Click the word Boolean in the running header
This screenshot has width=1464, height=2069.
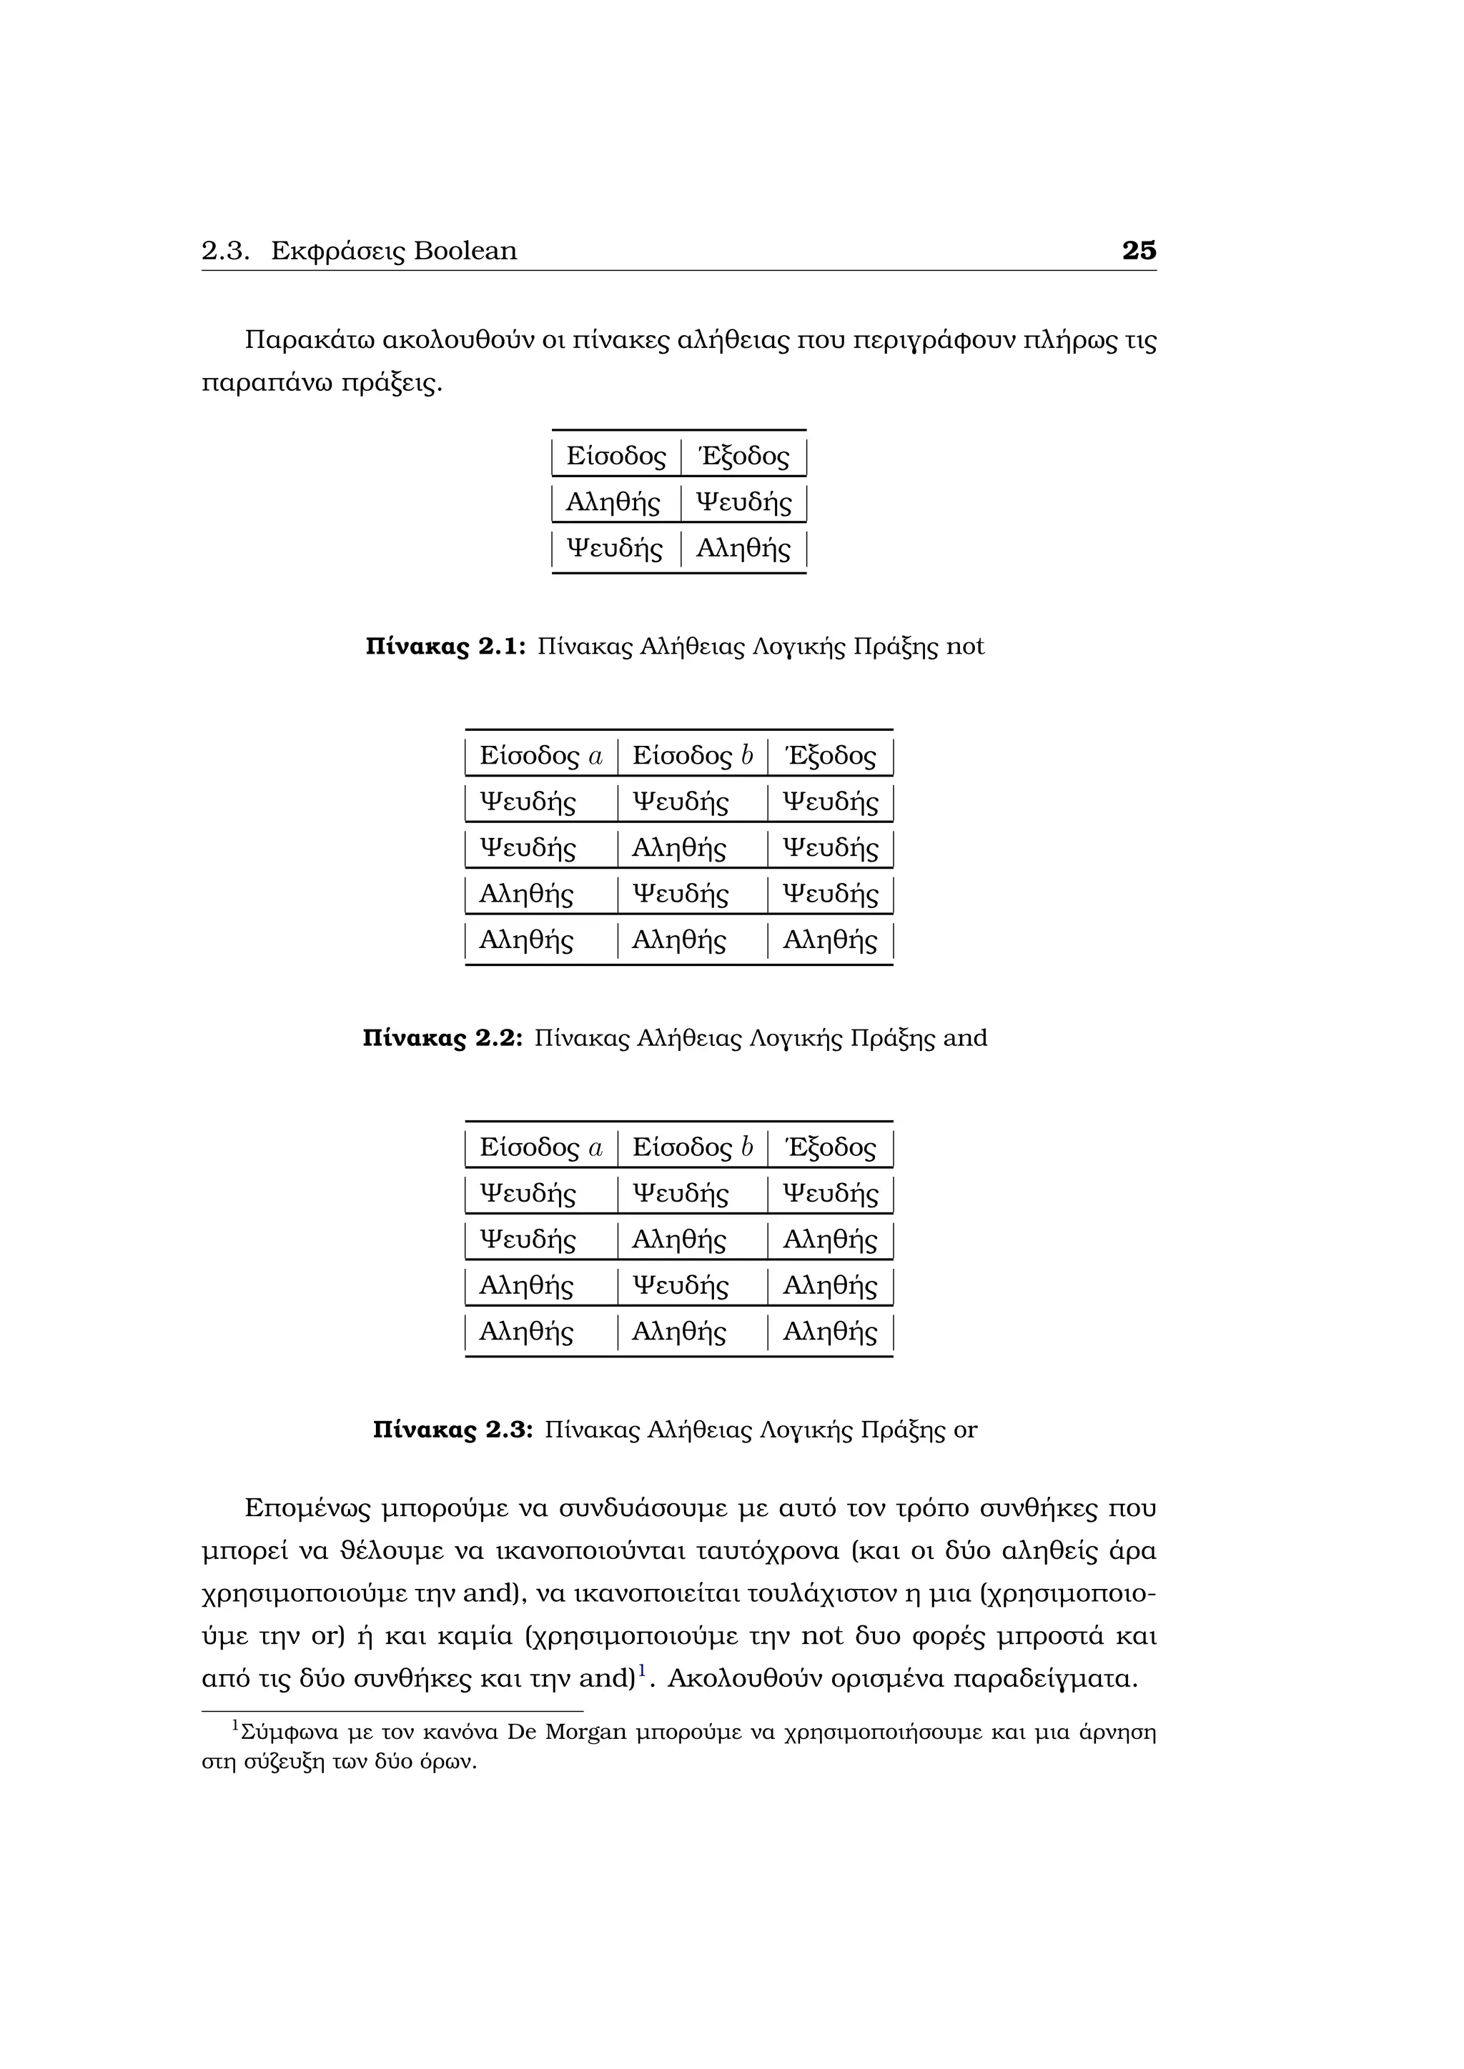465,251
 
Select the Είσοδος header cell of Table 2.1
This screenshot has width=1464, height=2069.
615,456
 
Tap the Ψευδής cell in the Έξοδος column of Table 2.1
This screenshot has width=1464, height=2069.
743,502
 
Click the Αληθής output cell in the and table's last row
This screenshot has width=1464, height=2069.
829,941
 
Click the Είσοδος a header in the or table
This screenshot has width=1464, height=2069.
541,1147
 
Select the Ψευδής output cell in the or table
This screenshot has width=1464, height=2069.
829,1194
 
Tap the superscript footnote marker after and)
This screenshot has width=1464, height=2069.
642,1672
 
